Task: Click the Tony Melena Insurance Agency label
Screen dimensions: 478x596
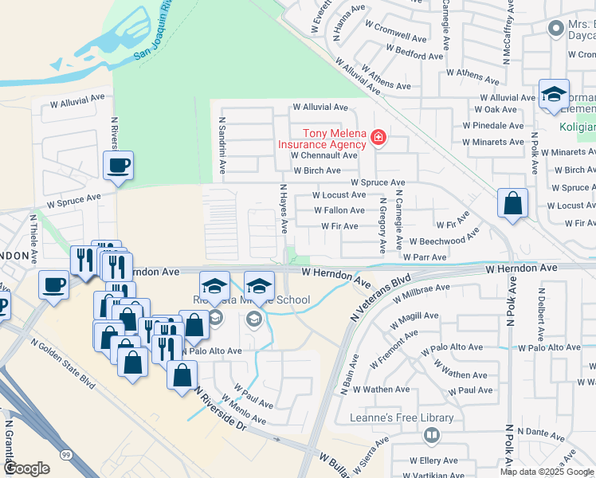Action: tap(322, 139)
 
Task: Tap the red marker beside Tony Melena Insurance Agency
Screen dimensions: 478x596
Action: tap(378, 139)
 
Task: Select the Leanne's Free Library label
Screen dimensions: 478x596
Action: tap(402, 417)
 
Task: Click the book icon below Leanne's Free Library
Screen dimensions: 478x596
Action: tap(431, 436)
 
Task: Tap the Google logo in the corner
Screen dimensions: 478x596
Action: tap(26, 468)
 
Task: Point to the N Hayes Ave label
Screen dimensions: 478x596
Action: tap(283, 209)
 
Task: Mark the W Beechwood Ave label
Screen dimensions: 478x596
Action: tap(443, 239)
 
